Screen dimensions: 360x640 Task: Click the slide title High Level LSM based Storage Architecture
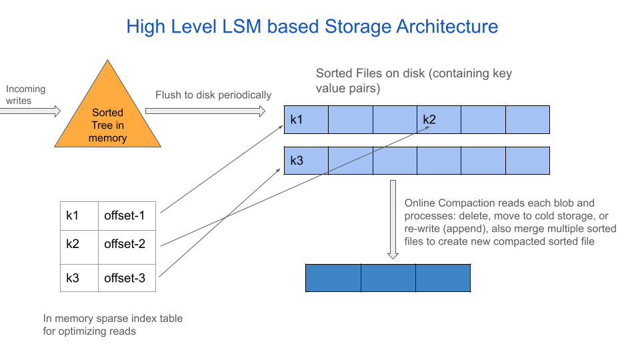312,27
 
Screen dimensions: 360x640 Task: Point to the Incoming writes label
25,95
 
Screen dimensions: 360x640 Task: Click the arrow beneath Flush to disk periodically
205,111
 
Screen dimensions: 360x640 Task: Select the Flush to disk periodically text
213,95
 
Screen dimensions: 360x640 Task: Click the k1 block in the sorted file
306,119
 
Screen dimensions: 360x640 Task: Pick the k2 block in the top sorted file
439,119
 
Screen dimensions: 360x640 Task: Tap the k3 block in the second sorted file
306,161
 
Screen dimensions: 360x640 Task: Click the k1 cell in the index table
79,215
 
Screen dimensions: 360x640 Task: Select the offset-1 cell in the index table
127,215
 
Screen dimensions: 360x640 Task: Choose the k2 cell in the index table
79,244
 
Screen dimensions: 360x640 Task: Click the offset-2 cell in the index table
127,244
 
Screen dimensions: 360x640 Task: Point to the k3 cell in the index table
79,277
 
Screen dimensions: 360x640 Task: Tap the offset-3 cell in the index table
127,277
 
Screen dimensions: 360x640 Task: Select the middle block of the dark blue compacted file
388,278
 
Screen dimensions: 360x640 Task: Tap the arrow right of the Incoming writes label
30,111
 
